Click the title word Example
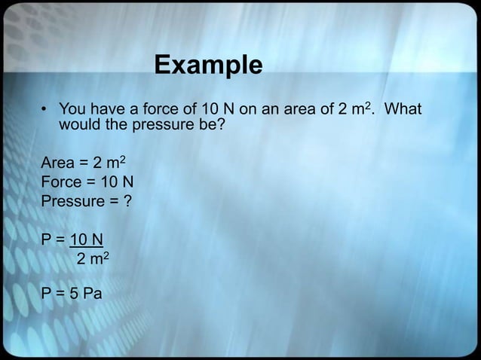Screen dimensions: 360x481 pos(208,66)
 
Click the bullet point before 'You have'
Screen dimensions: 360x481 pos(44,111)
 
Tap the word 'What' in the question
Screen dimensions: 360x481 pos(403,110)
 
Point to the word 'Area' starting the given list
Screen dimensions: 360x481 pos(57,164)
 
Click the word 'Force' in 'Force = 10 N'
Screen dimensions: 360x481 pos(61,183)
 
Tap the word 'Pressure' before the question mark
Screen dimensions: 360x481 pos(72,202)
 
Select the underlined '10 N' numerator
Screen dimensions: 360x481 pos(87,242)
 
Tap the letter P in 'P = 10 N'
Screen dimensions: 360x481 pos(46,242)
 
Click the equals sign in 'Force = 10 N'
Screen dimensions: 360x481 pos(90,183)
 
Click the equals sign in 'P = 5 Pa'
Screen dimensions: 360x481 pos(60,293)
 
